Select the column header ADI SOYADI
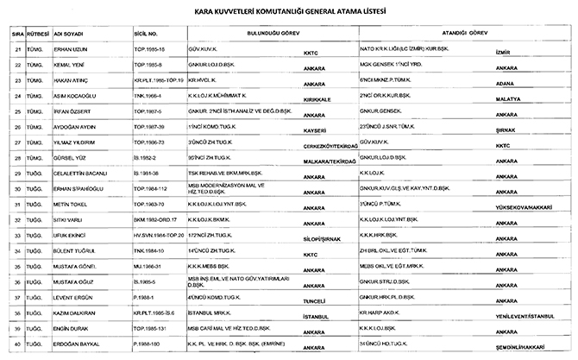click(69, 35)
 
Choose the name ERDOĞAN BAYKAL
click(76, 348)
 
